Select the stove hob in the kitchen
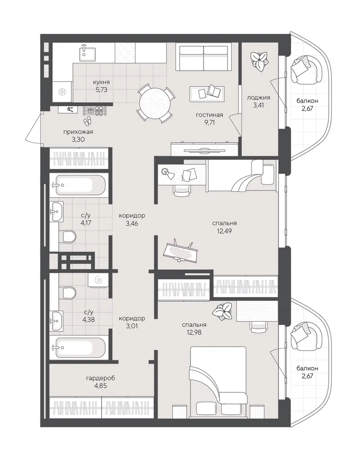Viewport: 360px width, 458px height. pos(125,53)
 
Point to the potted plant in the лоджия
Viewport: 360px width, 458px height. pos(259,60)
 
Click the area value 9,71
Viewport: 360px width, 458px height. pos(209,122)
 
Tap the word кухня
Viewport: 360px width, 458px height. pos(101,82)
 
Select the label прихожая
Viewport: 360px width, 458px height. pos(78,132)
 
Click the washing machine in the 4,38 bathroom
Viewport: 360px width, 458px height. pos(97,280)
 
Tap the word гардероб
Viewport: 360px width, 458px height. pos(100,378)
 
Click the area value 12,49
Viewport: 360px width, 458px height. pos(224,231)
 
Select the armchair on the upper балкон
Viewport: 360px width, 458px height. pos(306,71)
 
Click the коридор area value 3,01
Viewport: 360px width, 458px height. pos(132,325)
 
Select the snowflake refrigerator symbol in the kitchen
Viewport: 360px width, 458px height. pos(62,92)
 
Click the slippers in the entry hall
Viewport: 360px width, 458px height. pos(87,121)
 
